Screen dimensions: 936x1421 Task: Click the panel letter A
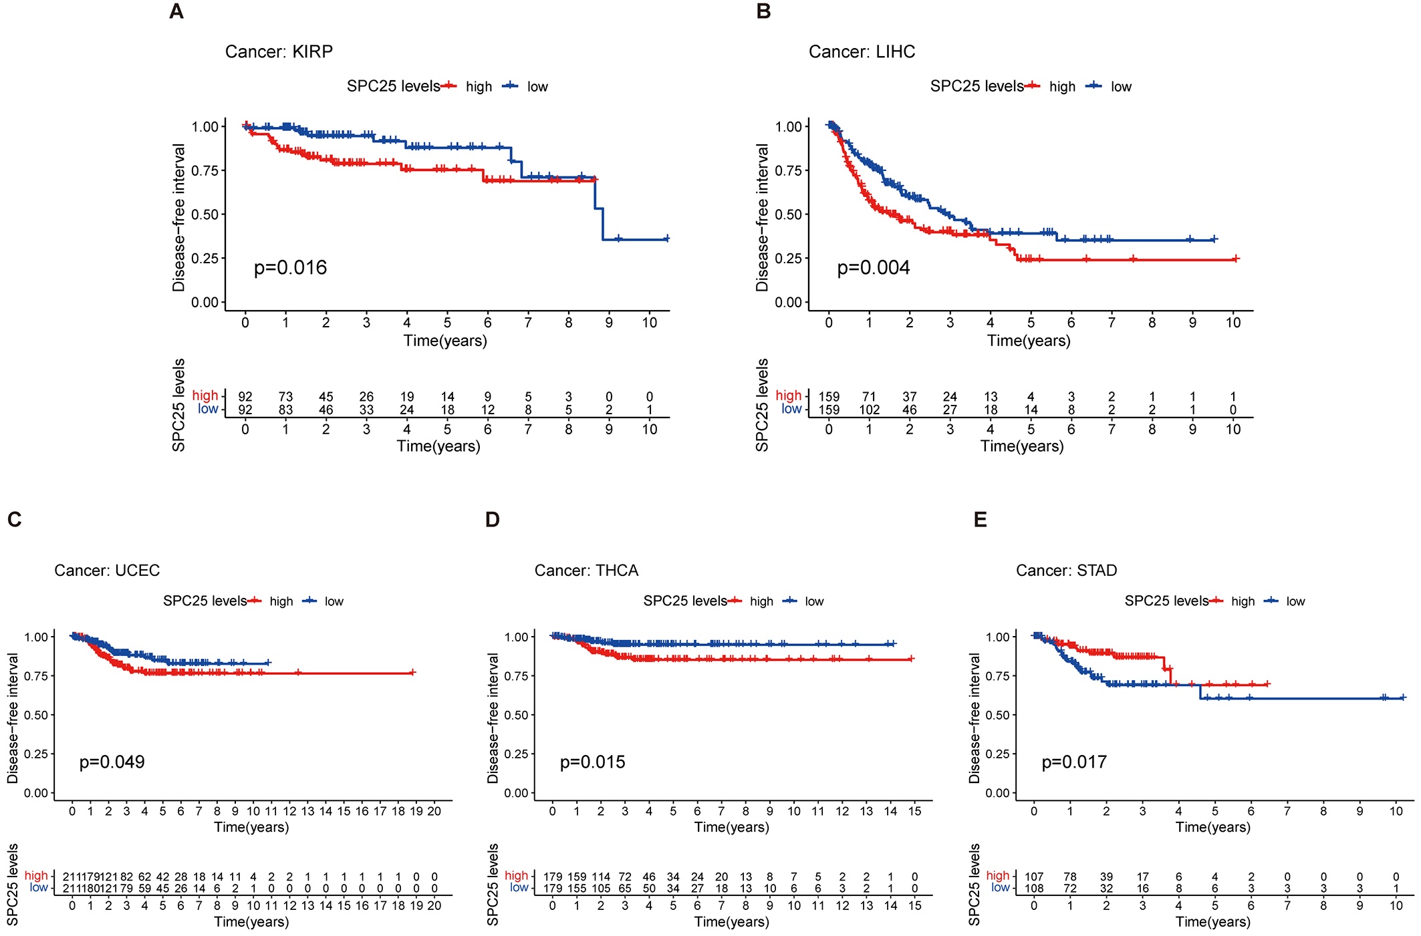[176, 12]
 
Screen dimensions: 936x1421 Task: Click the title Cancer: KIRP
[279, 51]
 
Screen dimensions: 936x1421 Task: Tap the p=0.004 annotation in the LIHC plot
[873, 268]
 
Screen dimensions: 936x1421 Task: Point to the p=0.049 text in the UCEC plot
[112, 762]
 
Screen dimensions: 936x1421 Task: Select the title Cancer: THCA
[586, 571]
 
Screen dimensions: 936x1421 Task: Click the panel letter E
[981, 520]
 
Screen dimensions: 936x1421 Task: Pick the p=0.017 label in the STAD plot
[1074, 762]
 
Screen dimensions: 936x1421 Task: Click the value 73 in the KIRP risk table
[285, 397]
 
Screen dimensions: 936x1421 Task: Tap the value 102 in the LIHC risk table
[869, 410]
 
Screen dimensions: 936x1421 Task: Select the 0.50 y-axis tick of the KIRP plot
[205, 214]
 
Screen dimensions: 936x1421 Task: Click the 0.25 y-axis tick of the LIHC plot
[788, 259]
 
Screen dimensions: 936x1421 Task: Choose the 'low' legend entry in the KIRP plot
[537, 87]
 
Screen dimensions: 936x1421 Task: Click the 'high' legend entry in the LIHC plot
[1061, 87]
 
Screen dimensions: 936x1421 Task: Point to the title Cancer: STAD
[1066, 571]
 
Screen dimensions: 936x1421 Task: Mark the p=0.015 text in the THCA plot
[592, 762]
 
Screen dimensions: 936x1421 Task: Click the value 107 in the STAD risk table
[1034, 877]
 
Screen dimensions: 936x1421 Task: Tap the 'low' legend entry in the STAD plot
[1295, 601]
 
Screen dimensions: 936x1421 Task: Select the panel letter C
[15, 520]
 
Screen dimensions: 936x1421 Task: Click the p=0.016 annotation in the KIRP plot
[290, 268]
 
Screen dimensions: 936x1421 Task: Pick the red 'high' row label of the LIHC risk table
[788, 396]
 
